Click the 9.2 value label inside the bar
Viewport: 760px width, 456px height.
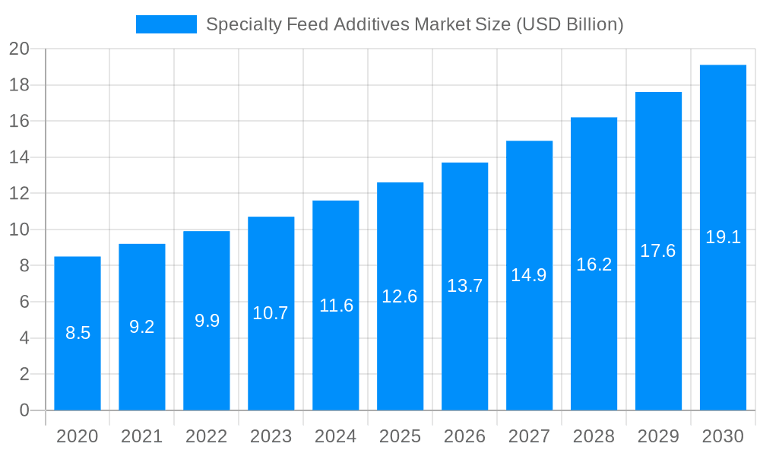[x=142, y=327]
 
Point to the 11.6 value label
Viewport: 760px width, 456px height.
[x=336, y=306]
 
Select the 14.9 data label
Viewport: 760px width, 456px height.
[x=529, y=275]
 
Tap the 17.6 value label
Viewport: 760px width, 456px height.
[x=658, y=251]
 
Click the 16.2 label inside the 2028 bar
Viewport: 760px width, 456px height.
[x=594, y=264]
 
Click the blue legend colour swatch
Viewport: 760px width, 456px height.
[x=166, y=24]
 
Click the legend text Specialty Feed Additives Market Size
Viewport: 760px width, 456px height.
[x=415, y=24]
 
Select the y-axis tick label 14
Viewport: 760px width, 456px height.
[x=19, y=157]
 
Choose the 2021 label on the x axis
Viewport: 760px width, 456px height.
[x=142, y=436]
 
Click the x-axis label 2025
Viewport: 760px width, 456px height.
[x=401, y=436]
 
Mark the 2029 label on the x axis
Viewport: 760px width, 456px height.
[x=658, y=436]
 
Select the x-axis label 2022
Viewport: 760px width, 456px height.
[x=207, y=436]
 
